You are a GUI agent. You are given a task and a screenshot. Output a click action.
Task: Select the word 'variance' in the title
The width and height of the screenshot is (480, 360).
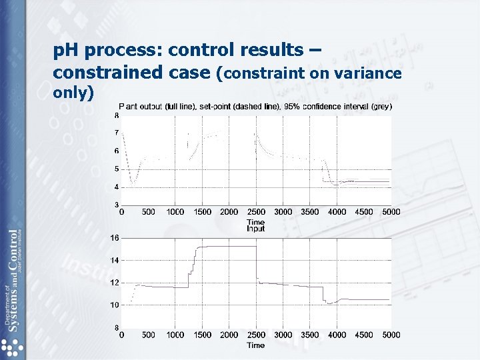pos(371,73)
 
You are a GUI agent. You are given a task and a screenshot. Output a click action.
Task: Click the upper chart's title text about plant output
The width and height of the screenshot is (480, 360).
pos(255,106)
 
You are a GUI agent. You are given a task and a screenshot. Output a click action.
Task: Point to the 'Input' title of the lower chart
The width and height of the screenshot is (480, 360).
pos(255,229)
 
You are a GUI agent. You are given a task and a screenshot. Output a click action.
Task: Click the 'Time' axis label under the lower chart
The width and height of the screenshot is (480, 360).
pos(255,345)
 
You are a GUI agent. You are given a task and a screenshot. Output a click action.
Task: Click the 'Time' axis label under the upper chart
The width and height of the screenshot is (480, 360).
pos(255,222)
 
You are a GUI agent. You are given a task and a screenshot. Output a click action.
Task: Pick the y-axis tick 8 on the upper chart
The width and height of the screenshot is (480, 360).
pos(116,115)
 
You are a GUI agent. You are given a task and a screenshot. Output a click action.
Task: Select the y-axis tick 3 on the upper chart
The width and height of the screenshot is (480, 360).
pos(116,205)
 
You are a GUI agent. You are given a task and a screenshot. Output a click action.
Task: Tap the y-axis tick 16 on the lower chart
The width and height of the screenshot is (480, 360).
pos(115,238)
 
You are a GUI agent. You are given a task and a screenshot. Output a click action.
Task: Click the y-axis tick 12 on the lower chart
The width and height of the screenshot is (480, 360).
pos(115,283)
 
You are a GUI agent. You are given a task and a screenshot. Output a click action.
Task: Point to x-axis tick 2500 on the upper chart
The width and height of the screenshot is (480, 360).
pos(256,212)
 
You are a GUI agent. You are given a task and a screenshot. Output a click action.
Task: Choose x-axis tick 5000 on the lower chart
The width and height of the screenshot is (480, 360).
pos(391,335)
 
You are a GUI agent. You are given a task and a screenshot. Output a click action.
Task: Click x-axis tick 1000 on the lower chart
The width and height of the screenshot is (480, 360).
pos(175,335)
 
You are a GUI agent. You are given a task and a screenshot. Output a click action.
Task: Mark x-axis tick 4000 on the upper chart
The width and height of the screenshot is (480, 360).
pos(337,212)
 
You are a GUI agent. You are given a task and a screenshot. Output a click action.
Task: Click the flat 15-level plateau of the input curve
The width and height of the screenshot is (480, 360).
pos(227,247)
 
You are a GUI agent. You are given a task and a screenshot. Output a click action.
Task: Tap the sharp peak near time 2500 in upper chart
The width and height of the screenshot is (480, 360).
pos(255,134)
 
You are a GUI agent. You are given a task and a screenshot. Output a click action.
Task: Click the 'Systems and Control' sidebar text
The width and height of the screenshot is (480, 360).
pos(13,280)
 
